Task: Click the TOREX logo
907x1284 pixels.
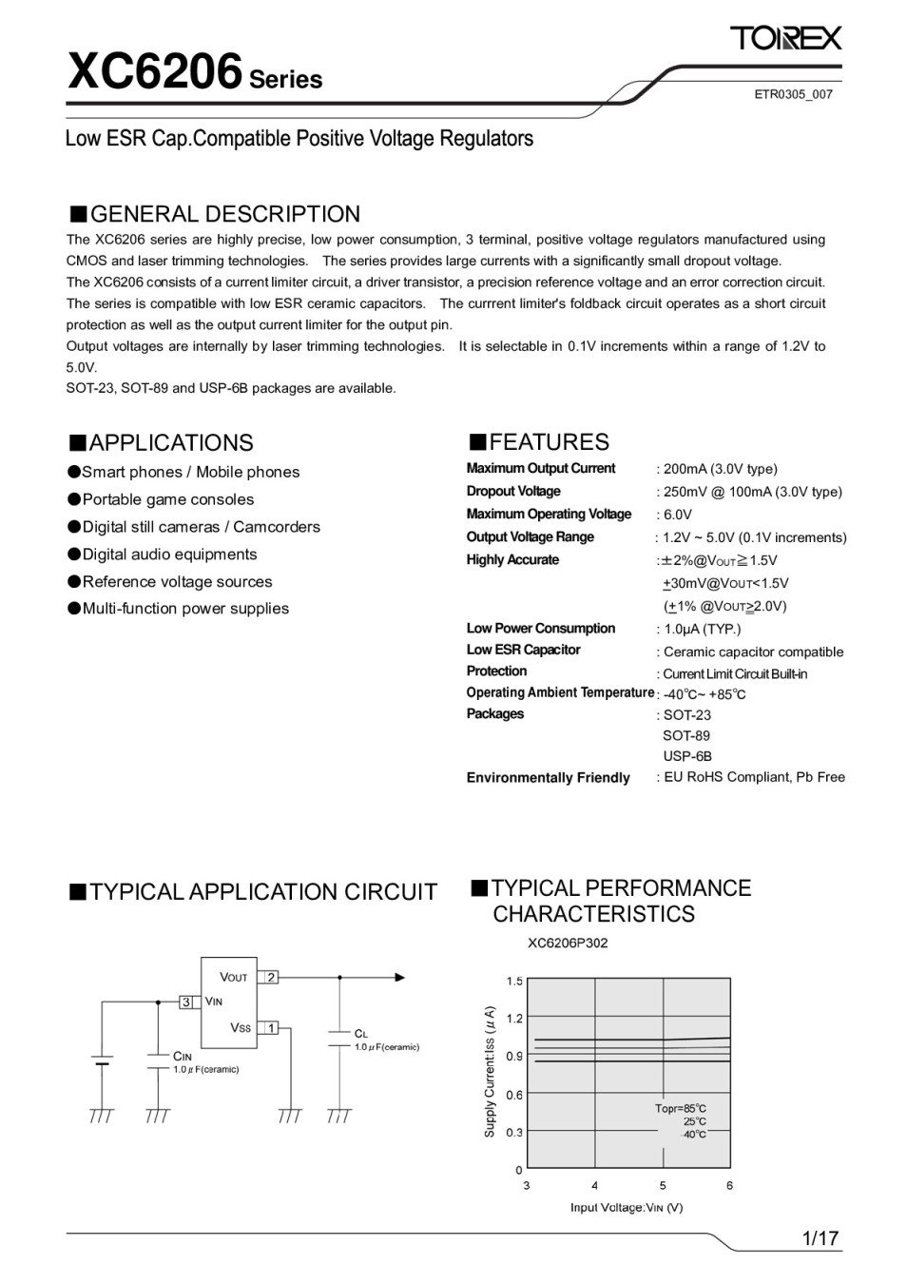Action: click(785, 38)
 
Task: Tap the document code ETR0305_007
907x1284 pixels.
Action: click(793, 94)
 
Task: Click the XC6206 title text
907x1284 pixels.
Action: click(155, 72)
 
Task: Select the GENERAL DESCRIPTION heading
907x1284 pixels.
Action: click(224, 214)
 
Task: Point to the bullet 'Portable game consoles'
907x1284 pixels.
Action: click(168, 499)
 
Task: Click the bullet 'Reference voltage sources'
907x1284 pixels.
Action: click(177, 581)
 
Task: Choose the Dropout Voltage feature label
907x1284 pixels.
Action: click(513, 491)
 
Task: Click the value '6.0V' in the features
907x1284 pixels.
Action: click(678, 515)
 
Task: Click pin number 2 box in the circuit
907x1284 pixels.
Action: click(271, 977)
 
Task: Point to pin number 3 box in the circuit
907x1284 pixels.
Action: click(187, 1002)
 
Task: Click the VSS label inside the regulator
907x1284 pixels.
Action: click(241, 1028)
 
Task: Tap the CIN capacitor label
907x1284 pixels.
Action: click(182, 1056)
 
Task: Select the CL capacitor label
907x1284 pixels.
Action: click(360, 1033)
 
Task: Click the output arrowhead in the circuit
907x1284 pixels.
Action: click(399, 977)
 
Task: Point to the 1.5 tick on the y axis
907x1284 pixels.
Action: click(514, 981)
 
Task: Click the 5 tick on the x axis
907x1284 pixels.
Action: click(663, 1185)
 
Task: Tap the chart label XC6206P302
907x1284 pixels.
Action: click(568, 943)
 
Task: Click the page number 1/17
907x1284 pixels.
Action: click(820, 1238)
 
